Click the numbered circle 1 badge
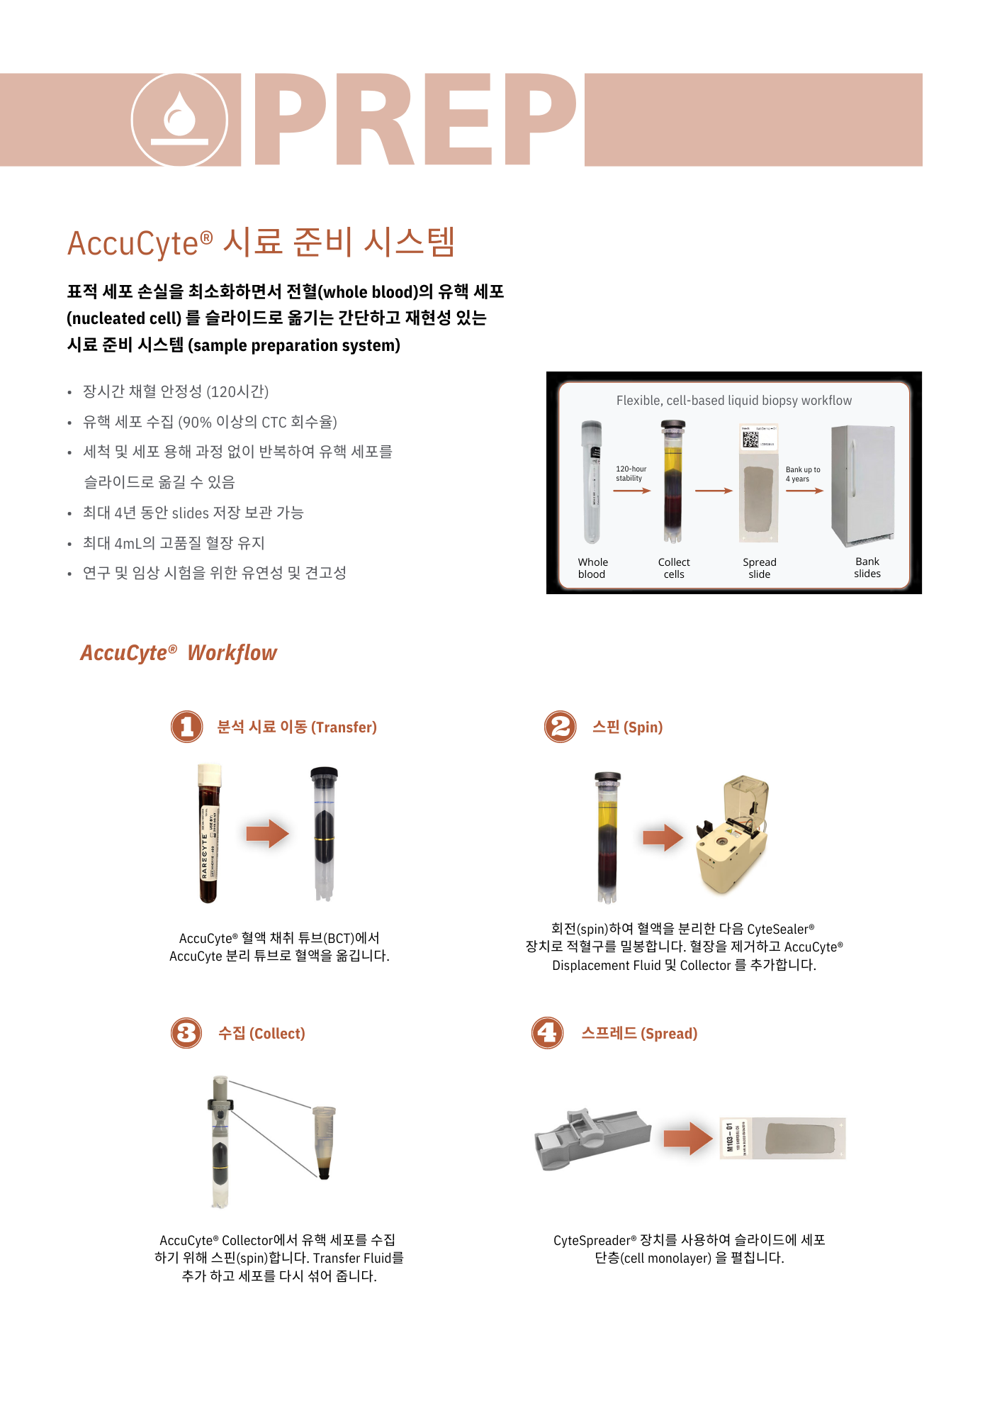tap(187, 727)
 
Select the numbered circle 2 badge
tap(561, 727)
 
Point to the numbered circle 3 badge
tap(187, 1033)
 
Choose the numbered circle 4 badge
tap(548, 1033)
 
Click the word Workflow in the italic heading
tap(232, 653)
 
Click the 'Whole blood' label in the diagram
tap(592, 568)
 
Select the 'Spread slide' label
tap(760, 568)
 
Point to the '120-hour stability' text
tap(630, 474)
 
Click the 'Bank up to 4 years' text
tap(802, 474)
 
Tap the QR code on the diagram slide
tap(750, 440)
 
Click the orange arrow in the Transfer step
tap(267, 834)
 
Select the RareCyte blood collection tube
tap(209, 834)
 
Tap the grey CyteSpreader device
tap(592, 1138)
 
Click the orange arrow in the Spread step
tap(688, 1139)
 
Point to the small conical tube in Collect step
tap(324, 1141)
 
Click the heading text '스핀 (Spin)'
tap(627, 727)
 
